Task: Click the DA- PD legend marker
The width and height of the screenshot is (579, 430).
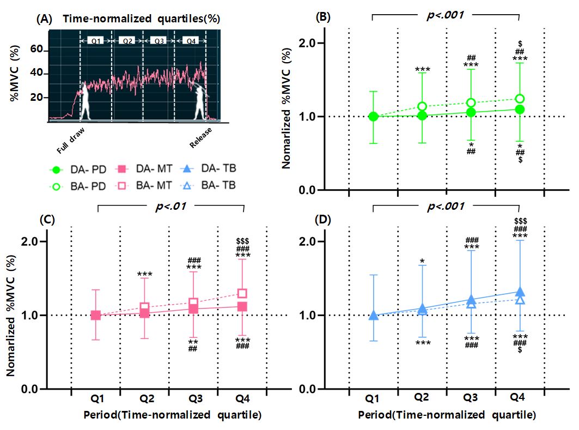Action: pos(56,170)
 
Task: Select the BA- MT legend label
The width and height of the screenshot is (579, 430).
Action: pos(154,185)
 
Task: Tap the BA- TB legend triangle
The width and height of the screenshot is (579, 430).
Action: pos(187,185)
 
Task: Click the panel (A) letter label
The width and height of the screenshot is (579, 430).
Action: pos(44,19)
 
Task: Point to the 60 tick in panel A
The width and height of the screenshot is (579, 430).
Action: pos(36,49)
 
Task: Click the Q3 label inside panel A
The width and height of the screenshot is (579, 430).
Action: pos(159,41)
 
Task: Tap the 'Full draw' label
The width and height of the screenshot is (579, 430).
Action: pos(70,141)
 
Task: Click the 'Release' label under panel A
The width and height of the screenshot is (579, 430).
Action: pos(200,137)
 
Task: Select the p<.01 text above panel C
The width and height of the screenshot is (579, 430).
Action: pos(171,206)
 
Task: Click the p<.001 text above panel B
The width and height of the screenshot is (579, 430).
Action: pos(445,15)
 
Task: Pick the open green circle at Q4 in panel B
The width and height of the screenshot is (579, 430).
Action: pos(520,99)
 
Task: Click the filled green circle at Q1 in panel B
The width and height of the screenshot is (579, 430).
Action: pos(373,117)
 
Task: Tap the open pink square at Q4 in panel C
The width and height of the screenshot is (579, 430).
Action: pos(242,294)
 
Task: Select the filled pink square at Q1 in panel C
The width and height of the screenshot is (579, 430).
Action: pos(96,315)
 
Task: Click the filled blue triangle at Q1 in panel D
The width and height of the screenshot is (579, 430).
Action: pos(373,315)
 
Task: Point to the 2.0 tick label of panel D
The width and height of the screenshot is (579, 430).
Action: pos(307,241)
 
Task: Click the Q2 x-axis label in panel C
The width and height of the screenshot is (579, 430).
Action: pos(147,399)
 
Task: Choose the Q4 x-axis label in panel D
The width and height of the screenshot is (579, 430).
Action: pos(517,397)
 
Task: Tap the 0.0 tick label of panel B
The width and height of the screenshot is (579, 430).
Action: pos(307,190)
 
